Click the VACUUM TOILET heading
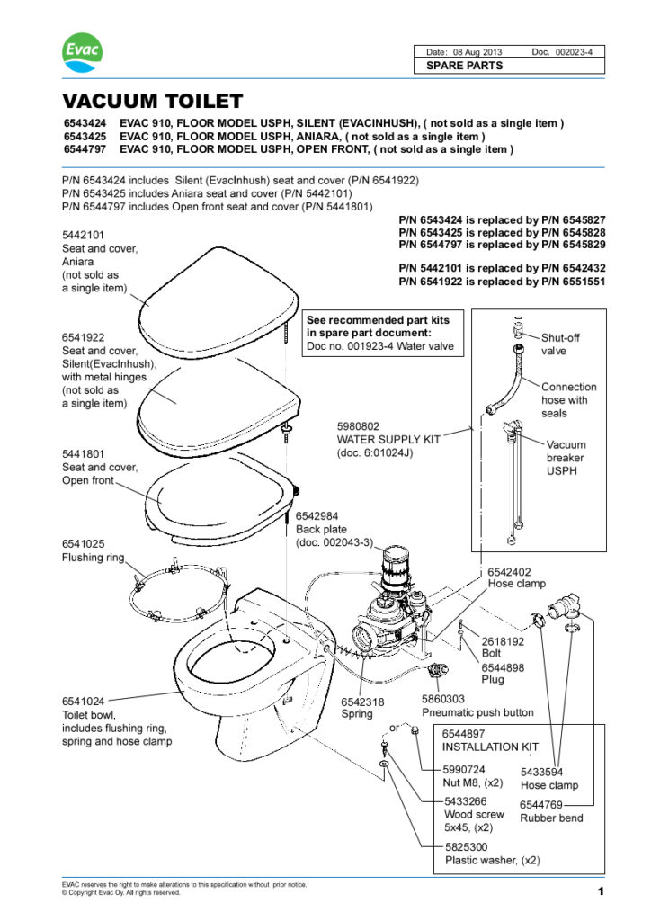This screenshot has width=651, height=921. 153,101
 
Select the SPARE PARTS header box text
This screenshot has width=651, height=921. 464,66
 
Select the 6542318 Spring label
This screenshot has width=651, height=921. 363,702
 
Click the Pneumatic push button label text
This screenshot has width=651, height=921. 477,712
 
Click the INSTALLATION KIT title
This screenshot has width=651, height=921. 490,747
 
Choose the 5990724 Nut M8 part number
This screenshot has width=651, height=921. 466,770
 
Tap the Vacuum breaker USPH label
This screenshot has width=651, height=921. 566,457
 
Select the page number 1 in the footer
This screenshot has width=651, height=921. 599,891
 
